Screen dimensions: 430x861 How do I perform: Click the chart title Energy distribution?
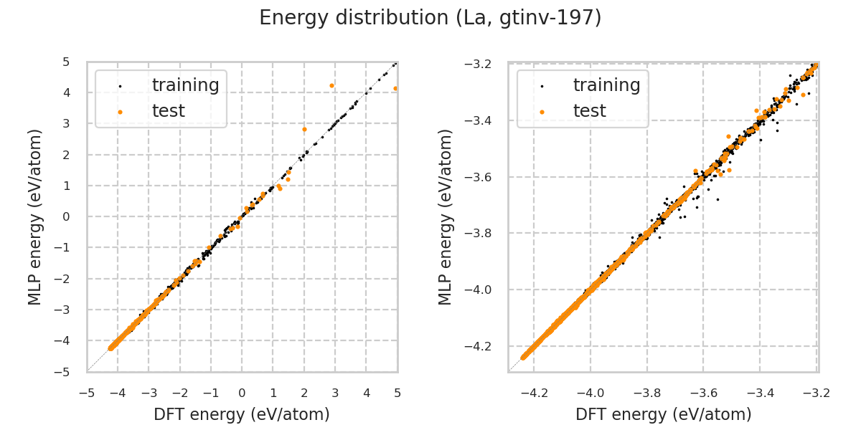click(x=430, y=18)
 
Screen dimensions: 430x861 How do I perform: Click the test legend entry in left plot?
click(x=168, y=111)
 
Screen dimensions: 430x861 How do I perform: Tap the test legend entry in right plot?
click(x=589, y=111)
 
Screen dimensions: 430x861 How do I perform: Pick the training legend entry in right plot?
click(x=606, y=85)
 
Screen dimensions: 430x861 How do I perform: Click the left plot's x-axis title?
click(x=242, y=414)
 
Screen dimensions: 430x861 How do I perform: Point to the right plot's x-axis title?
click(x=664, y=414)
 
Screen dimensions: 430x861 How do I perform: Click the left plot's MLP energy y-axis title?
click(x=36, y=216)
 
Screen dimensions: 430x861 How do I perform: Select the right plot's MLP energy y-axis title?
click(x=446, y=216)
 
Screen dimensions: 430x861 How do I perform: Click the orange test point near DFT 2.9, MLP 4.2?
click(x=331, y=85)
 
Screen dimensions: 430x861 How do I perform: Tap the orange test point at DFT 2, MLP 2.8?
click(x=304, y=130)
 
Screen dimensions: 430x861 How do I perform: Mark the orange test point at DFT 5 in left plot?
click(x=395, y=88)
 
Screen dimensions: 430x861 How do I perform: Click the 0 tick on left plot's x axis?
click(x=242, y=393)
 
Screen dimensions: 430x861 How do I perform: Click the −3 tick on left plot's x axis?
click(x=149, y=393)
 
